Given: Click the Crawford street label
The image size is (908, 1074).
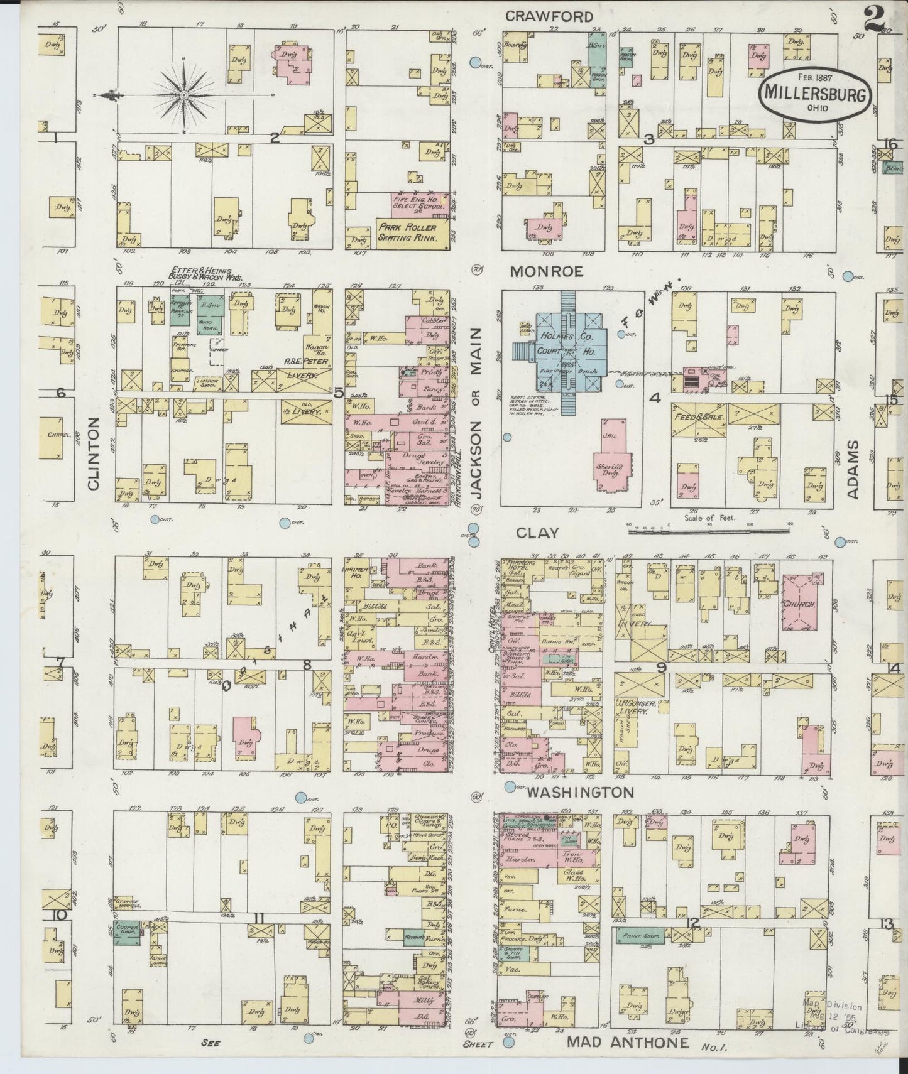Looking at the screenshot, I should tap(549, 17).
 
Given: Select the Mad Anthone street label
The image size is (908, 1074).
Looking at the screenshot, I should tap(628, 1042).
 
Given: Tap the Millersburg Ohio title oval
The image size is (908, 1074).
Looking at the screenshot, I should tap(817, 93).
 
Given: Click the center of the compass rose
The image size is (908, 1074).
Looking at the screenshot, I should tap(183, 95).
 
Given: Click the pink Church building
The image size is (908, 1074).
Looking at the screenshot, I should tap(798, 604).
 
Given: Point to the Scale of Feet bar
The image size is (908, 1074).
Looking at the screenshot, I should tap(709, 531).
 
